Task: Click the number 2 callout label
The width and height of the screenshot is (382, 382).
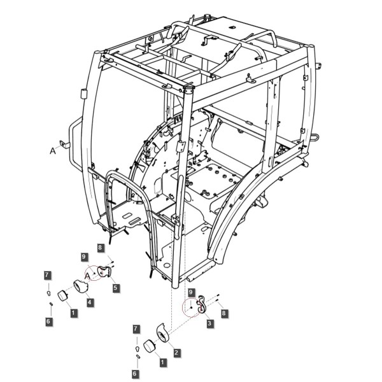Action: (176, 352)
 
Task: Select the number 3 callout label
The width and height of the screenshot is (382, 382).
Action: (209, 323)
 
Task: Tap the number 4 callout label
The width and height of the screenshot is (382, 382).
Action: (89, 302)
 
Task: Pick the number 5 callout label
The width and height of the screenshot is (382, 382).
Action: (115, 288)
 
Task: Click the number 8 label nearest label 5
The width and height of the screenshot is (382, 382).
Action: (100, 248)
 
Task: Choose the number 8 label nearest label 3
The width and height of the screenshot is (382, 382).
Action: (223, 313)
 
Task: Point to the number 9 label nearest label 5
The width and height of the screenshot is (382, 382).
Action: (84, 257)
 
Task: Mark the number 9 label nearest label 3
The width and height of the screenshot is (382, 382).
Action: (191, 292)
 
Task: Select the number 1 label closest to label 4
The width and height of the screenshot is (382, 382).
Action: (74, 313)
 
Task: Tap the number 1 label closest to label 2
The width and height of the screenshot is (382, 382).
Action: (163, 362)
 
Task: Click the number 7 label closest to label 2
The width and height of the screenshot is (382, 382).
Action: (136, 329)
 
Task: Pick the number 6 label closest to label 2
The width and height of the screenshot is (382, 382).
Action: (135, 373)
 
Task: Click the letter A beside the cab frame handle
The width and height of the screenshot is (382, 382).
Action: (53, 151)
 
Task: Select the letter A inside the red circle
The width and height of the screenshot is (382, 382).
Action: (88, 276)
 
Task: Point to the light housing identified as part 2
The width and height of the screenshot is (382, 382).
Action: (162, 332)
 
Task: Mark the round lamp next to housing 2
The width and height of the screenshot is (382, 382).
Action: (149, 346)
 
